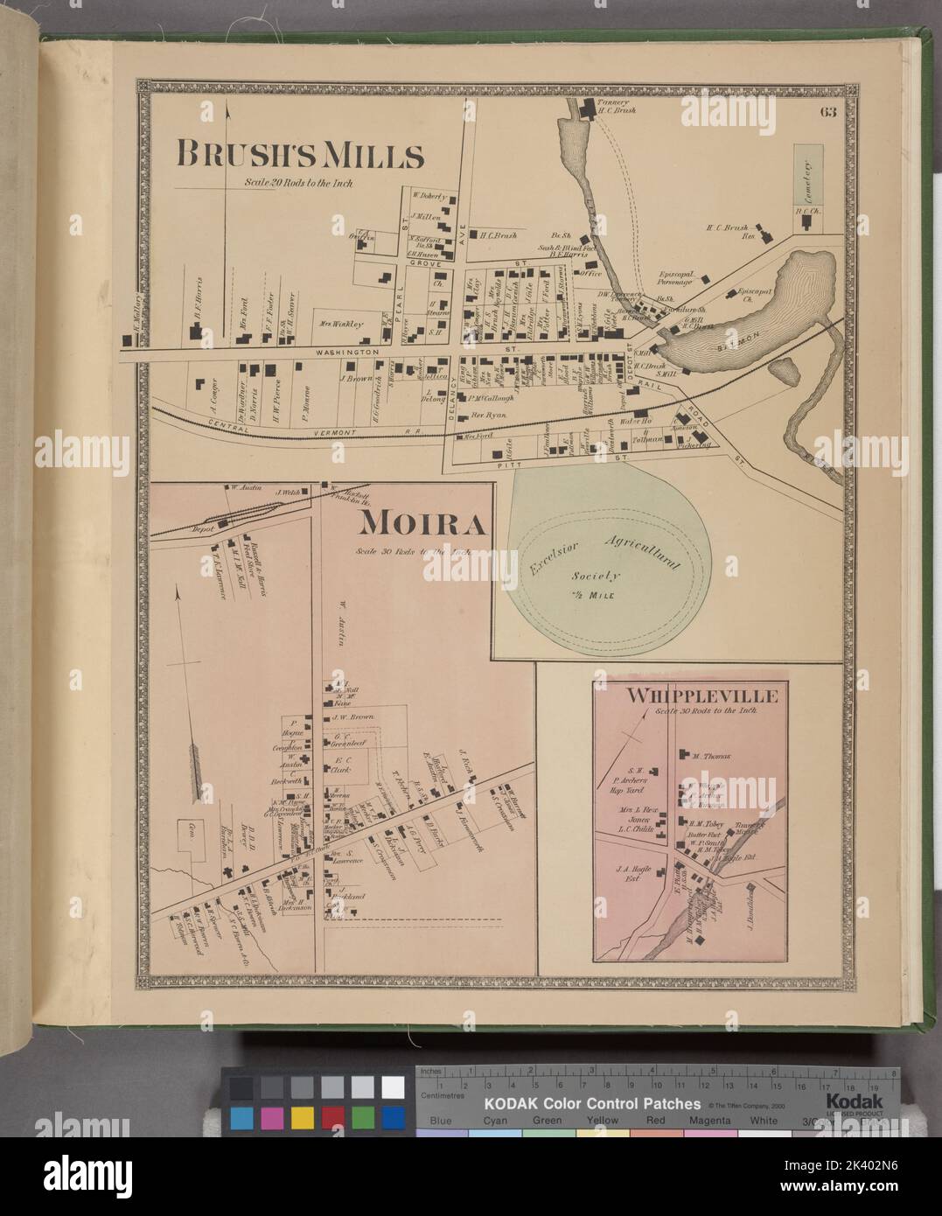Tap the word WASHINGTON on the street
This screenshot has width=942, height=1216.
[x=344, y=351]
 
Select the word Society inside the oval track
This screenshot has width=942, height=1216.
[x=596, y=576]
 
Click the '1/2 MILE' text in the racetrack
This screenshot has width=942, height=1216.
[x=596, y=598]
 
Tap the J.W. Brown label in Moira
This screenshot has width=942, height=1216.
[x=352, y=717]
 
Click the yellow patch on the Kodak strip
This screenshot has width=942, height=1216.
[x=302, y=1117]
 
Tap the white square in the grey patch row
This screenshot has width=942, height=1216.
[x=392, y=1087]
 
